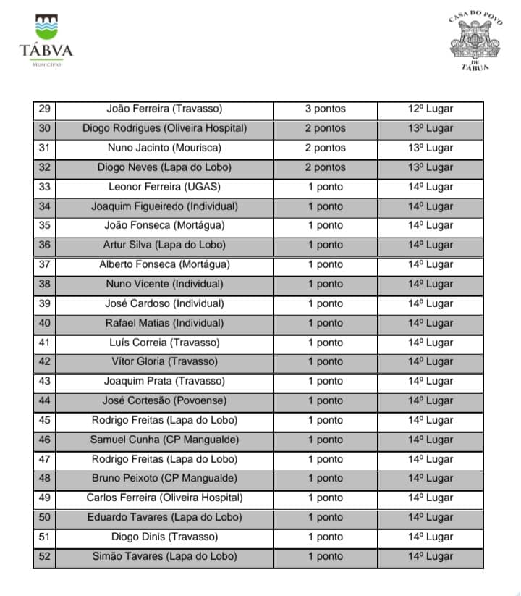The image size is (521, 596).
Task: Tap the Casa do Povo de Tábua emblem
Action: click(x=475, y=41)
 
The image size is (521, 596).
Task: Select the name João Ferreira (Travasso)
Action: click(x=164, y=109)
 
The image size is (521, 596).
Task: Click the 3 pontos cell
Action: click(x=325, y=109)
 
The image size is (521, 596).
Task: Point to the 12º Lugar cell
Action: click(x=430, y=109)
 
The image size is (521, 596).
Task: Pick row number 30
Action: click(x=44, y=129)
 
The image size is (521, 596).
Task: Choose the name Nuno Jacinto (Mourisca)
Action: click(x=164, y=148)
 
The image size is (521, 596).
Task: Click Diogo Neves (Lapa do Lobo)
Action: click(x=164, y=168)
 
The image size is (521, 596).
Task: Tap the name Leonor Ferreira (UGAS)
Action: click(x=164, y=187)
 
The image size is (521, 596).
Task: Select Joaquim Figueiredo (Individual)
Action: click(x=164, y=206)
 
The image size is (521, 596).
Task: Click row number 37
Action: click(x=44, y=265)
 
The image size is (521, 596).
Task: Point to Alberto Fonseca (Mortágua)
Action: click(x=164, y=265)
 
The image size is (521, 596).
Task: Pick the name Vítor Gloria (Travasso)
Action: click(x=164, y=362)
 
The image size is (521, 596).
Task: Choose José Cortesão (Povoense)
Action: click(x=164, y=401)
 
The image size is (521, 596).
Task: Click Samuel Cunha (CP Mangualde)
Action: click(x=164, y=440)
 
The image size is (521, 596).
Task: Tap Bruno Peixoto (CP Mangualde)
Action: click(x=164, y=479)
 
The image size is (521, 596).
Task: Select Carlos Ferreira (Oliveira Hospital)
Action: click(x=164, y=498)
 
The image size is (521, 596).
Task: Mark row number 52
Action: click(x=44, y=557)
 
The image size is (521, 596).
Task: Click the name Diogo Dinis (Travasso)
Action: click(x=164, y=537)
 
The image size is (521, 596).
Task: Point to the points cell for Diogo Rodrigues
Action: click(x=325, y=129)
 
